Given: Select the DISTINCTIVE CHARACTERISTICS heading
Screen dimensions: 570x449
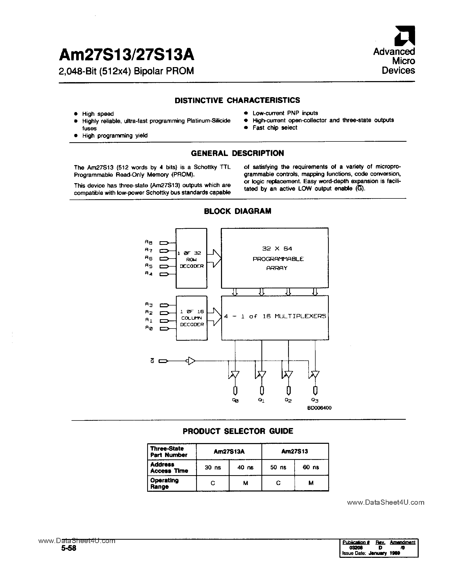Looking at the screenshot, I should click(x=237, y=100).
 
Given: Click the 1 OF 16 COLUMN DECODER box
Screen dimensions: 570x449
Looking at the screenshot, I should click(x=192, y=318).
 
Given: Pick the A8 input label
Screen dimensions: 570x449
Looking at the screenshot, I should click(x=148, y=242).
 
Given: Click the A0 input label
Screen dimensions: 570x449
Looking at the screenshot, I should click(x=148, y=328).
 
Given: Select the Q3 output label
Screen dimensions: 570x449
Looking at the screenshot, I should click(x=315, y=400).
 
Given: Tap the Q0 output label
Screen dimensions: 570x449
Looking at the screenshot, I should click(x=235, y=400).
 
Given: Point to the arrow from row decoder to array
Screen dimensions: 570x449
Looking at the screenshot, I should click(x=214, y=259).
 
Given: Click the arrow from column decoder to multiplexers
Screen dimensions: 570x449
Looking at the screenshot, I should click(x=214, y=317).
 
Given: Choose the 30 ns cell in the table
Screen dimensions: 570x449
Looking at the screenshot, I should click(x=213, y=467).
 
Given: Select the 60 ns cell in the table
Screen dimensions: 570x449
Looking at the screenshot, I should click(x=311, y=467).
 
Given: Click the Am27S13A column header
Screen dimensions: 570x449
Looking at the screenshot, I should click(x=229, y=451).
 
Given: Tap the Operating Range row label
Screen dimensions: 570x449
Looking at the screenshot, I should click(x=164, y=483).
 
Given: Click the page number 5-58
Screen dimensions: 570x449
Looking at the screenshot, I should click(x=69, y=548).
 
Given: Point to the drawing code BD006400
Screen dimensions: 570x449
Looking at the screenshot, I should click(x=319, y=408).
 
